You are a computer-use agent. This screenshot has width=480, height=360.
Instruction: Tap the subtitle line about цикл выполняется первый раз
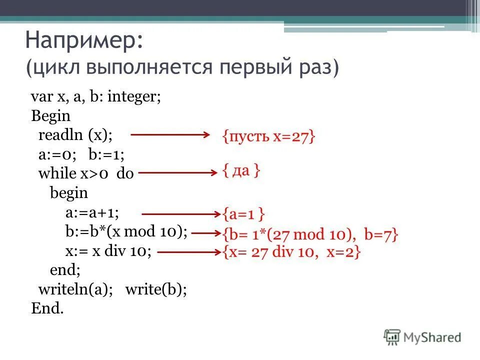182,67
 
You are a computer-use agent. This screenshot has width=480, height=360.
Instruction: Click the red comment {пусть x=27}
269,136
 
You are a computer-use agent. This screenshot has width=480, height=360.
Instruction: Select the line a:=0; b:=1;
79,154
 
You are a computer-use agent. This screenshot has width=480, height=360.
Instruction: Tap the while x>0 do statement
86,173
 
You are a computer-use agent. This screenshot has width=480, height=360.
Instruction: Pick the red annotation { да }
241,171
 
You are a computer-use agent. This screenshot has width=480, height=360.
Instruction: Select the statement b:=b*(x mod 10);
126,231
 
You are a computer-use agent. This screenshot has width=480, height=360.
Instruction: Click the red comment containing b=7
310,234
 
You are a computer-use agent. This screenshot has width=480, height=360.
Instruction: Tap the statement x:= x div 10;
108,251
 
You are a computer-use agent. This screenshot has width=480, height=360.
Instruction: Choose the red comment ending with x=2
291,253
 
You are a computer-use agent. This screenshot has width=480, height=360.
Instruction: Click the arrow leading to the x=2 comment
189,252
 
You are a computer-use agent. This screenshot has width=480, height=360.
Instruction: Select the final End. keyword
47,308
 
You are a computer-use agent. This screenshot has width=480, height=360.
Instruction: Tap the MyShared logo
422,337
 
